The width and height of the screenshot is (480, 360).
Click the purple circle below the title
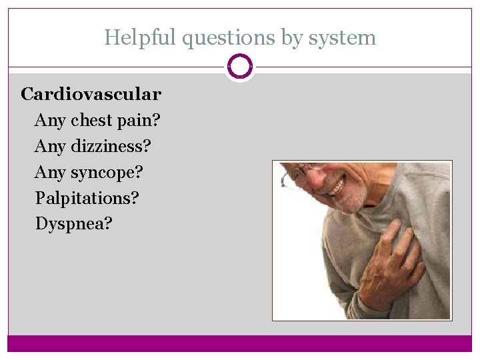pyautogui.click(x=240, y=67)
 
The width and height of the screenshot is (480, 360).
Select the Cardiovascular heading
pyautogui.click(x=91, y=94)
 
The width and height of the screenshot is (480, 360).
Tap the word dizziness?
pyautogui.click(x=110, y=146)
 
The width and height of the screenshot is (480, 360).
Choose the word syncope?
pyautogui.click(x=107, y=173)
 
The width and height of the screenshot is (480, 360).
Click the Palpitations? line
pyautogui.click(x=87, y=198)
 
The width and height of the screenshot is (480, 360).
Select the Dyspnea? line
pyautogui.click(x=73, y=224)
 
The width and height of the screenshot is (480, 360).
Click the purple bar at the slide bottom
pyautogui.click(x=240, y=343)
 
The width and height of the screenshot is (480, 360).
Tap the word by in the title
pyautogui.click(x=291, y=38)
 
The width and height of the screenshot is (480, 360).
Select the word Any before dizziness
pyautogui.click(x=49, y=146)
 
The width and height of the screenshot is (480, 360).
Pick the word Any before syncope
pyautogui.click(x=49, y=173)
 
